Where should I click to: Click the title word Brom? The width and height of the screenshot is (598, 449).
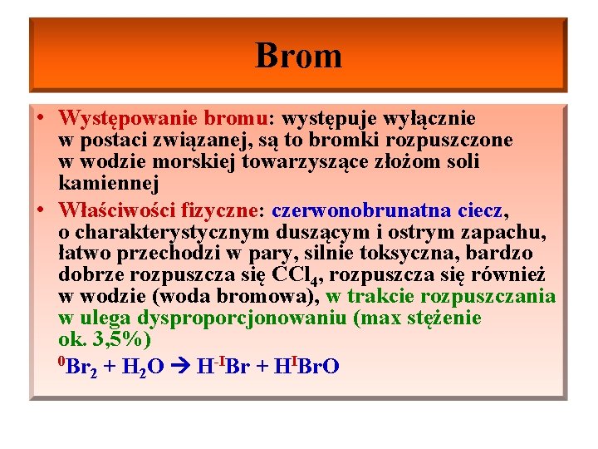(x=298, y=56)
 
